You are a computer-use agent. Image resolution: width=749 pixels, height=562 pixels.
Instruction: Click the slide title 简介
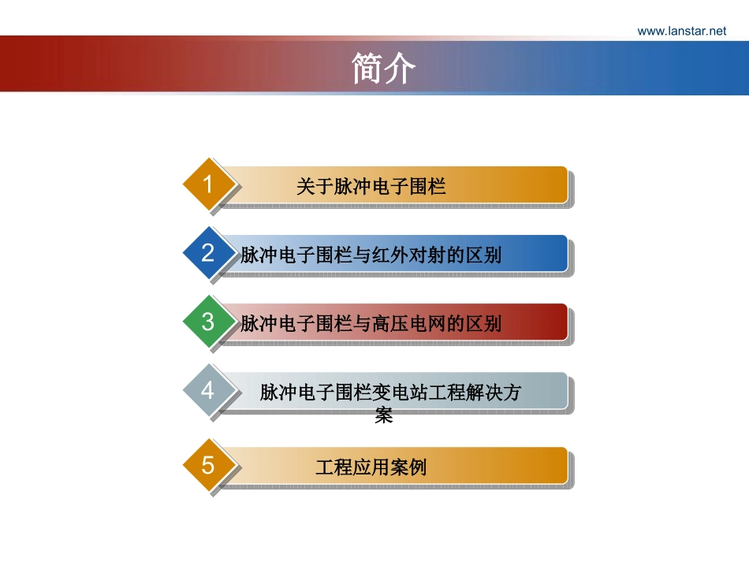click(384, 69)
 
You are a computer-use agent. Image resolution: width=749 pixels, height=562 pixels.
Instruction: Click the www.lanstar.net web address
click(681, 31)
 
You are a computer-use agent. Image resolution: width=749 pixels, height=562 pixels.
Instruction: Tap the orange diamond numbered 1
click(208, 185)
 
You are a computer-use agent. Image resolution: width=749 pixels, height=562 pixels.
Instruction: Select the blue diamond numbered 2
click(208, 253)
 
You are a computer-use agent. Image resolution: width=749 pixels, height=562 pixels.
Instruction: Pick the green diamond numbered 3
click(208, 322)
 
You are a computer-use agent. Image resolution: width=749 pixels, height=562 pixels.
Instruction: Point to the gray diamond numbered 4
click(208, 390)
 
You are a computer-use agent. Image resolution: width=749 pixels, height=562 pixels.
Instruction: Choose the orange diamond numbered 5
click(208, 465)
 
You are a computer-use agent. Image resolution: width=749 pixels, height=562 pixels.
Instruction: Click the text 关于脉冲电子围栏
click(371, 187)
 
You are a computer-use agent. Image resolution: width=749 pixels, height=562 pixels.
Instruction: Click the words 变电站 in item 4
click(399, 393)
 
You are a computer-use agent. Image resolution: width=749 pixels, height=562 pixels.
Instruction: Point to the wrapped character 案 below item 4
click(384, 415)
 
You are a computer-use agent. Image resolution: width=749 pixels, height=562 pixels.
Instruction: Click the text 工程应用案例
click(371, 467)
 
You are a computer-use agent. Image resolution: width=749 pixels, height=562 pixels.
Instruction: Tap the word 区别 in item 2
click(484, 255)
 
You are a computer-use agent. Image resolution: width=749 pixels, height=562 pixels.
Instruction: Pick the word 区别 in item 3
click(484, 324)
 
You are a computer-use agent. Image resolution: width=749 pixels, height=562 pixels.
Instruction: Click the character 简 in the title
click(368, 69)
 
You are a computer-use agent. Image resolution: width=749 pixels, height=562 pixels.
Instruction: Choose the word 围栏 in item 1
click(428, 187)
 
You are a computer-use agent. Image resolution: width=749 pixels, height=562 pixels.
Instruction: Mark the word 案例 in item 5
click(408, 467)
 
